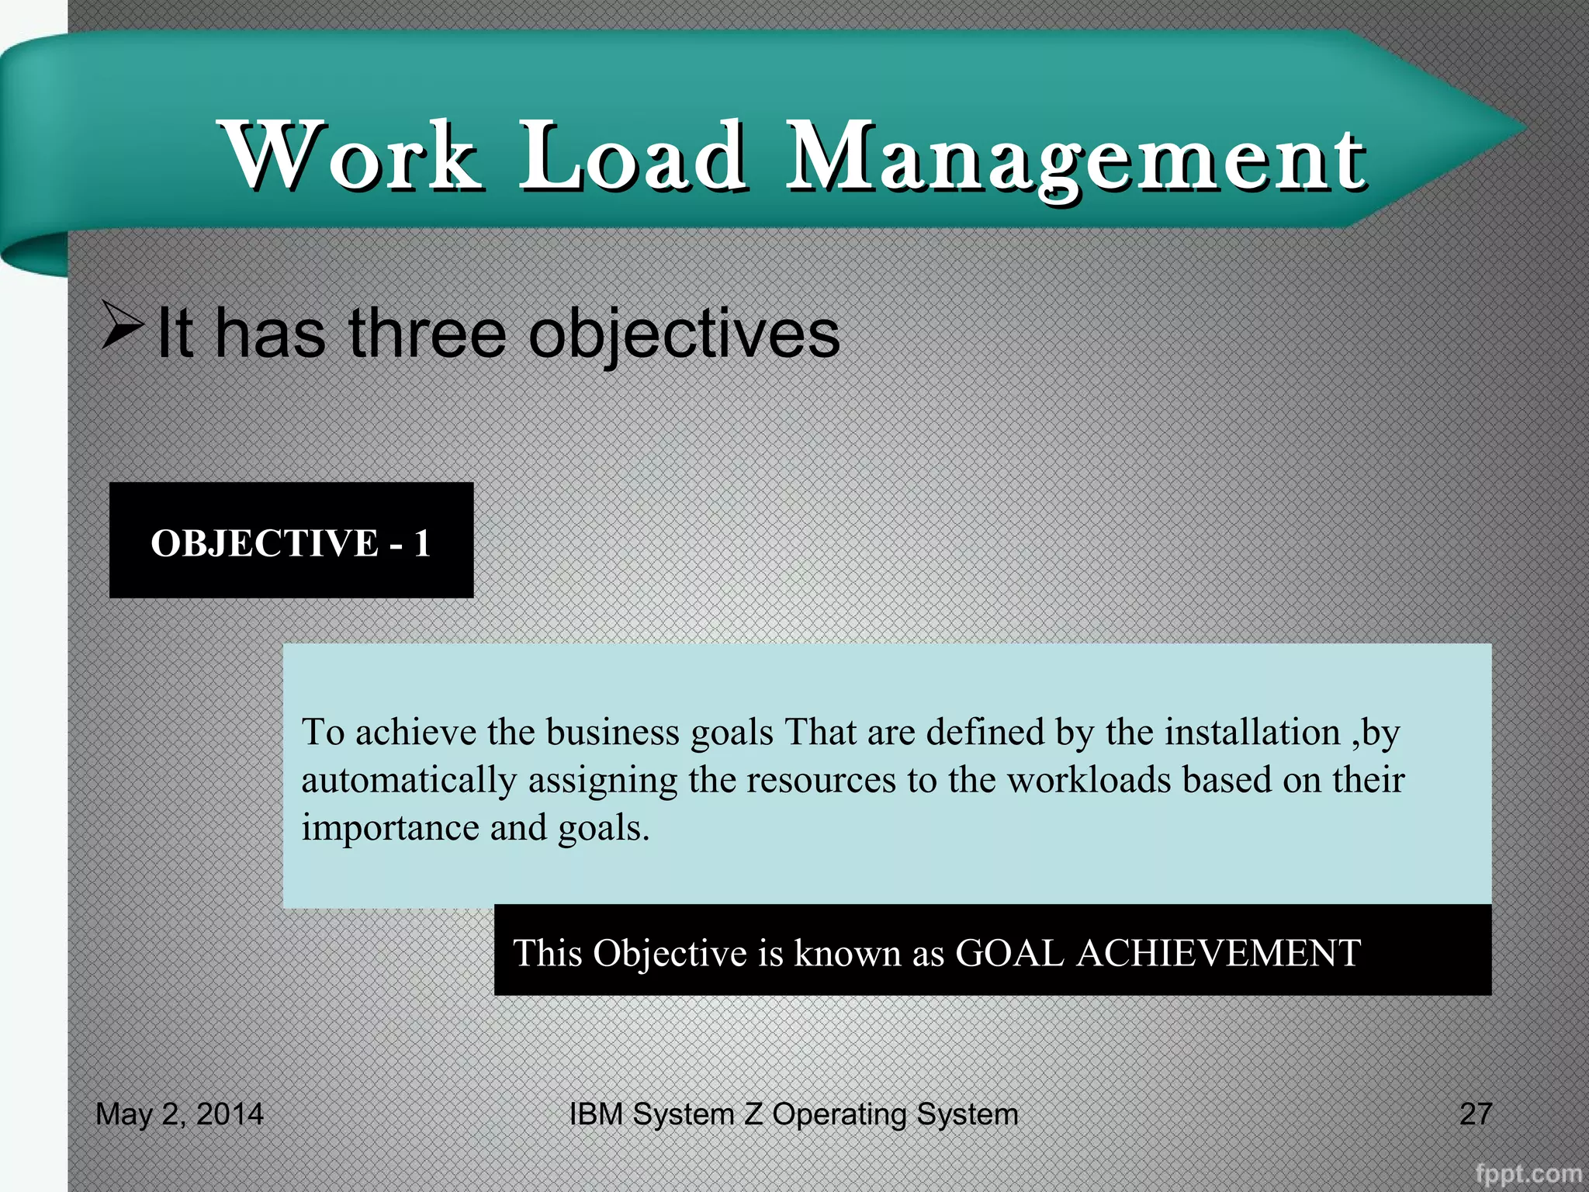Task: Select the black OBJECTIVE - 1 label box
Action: point(291,540)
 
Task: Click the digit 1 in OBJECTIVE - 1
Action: point(421,543)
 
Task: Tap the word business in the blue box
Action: point(612,732)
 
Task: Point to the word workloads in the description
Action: point(1089,780)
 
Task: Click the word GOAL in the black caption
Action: point(1009,953)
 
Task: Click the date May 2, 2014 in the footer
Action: point(179,1114)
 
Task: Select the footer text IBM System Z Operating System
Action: point(793,1114)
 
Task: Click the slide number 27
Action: point(1475,1114)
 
